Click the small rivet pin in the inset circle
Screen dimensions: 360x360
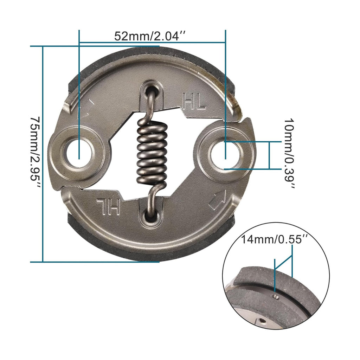click(x=276, y=297)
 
